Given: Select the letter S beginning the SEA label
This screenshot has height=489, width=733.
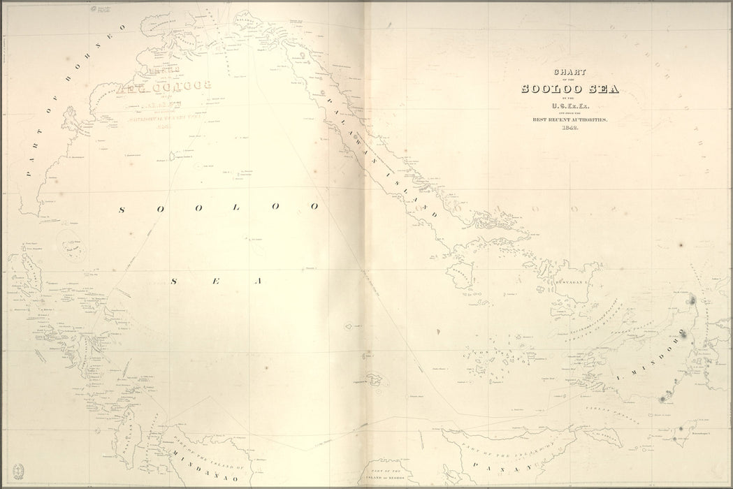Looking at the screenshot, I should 174,281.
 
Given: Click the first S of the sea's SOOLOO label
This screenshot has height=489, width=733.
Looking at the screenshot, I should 122,209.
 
